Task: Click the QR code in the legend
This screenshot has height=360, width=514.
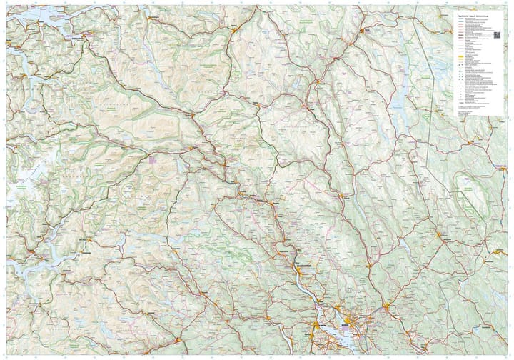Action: tap(497, 34)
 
